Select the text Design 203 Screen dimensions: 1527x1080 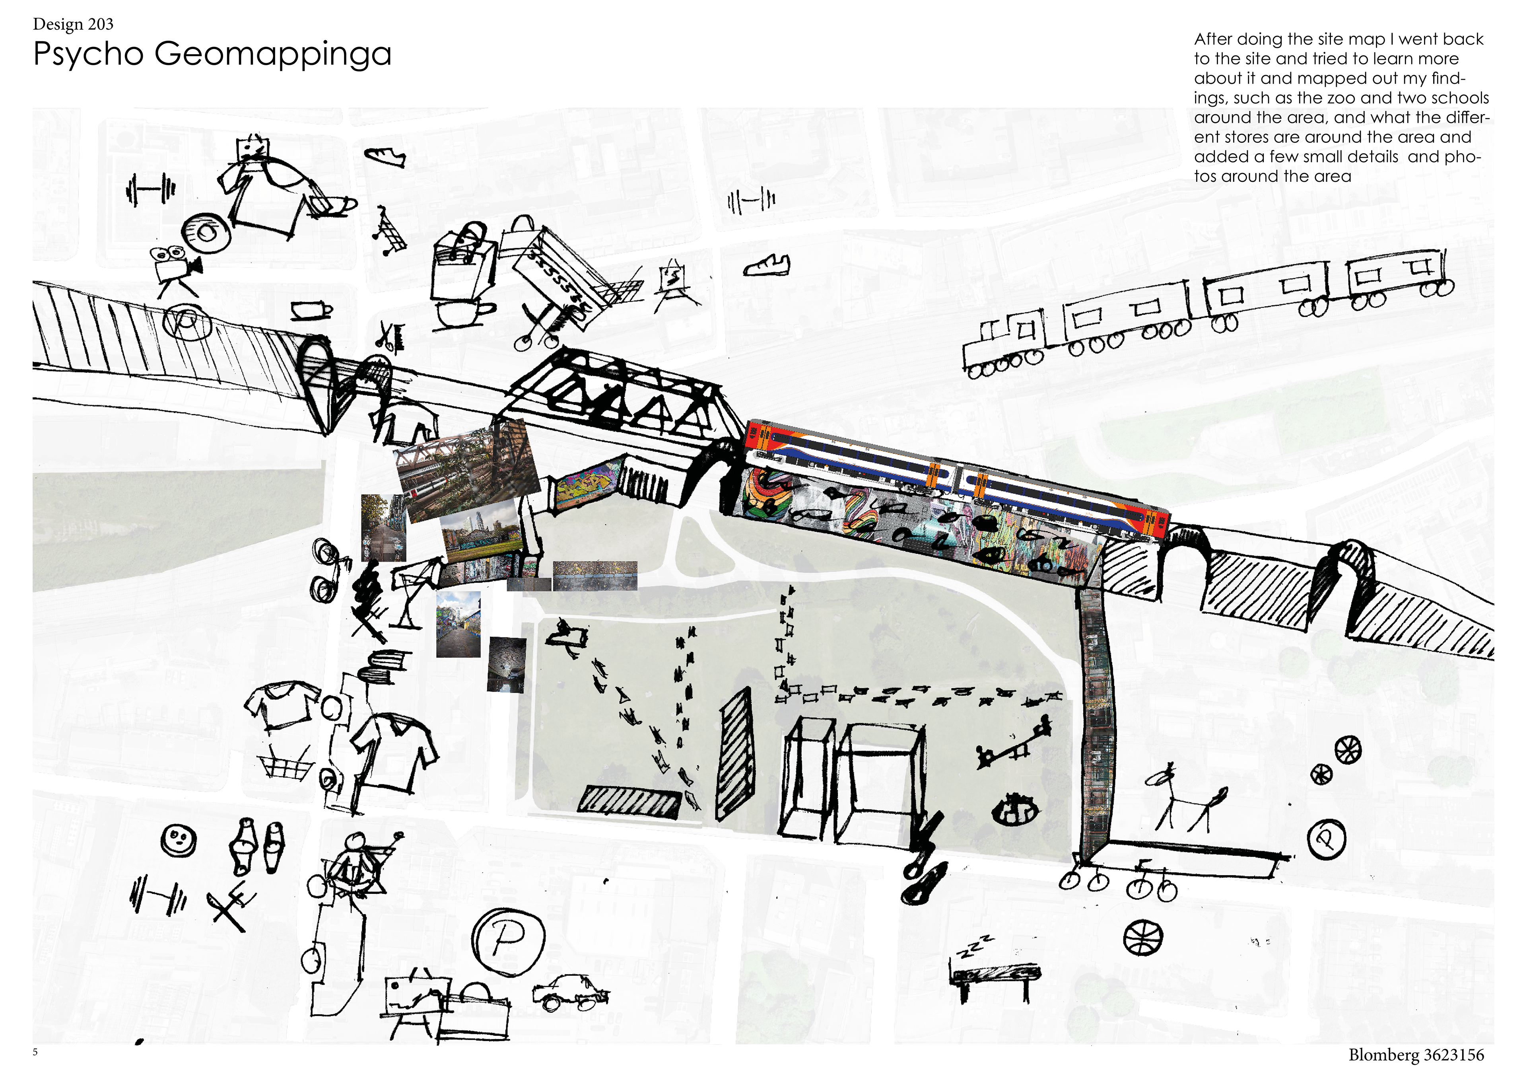pyautogui.click(x=73, y=25)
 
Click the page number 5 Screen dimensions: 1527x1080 pyautogui.click(x=35, y=1052)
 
